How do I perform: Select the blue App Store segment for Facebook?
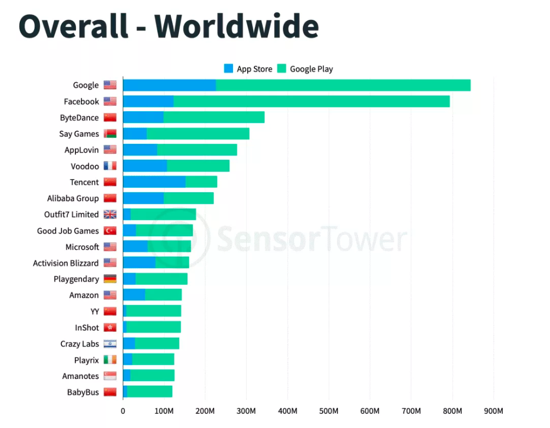148,101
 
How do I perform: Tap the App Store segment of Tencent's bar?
154,182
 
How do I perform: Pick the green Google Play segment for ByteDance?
214,117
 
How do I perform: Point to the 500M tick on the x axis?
329,411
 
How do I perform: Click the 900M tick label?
493,411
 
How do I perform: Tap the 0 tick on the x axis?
123,411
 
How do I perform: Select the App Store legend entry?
248,69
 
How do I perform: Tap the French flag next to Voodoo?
110,166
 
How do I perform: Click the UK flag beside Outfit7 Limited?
110,215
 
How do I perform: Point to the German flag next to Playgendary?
110,279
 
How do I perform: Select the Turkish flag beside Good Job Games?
110,231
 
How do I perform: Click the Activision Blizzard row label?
66,263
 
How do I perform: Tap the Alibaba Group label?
73,198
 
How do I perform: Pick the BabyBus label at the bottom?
83,393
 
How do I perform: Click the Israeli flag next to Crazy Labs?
110,344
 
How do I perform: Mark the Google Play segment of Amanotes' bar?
153,376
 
